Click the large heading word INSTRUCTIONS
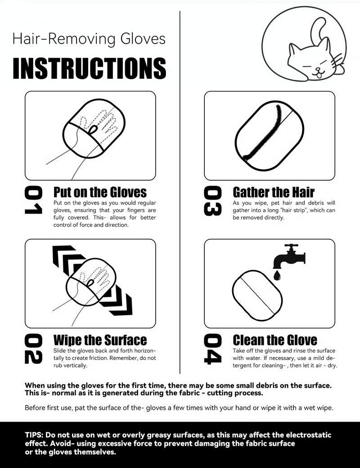89,68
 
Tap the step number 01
33,200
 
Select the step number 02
33,349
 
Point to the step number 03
213,200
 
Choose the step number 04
213,349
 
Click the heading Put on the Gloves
100,192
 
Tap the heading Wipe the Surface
100,340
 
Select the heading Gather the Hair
274,192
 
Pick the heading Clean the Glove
274,340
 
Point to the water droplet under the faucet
277,275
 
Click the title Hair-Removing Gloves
89,39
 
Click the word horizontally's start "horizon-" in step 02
145,351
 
